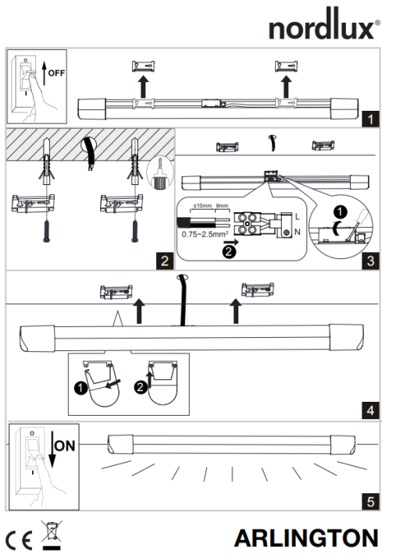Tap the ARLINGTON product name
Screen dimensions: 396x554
point(306,538)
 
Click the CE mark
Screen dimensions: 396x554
point(20,540)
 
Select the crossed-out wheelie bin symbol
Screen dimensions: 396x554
point(52,535)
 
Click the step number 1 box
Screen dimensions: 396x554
point(370,119)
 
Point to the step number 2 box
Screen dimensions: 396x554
point(165,261)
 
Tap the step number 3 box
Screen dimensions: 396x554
point(370,261)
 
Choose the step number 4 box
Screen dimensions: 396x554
point(370,410)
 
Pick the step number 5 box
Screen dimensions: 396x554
point(370,502)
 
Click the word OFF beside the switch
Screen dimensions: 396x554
point(56,73)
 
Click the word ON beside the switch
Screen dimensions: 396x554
point(65,446)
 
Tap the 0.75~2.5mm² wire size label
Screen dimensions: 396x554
point(205,234)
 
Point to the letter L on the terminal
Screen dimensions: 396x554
point(298,217)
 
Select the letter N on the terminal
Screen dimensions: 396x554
point(298,232)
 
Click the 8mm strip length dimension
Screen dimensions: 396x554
point(222,206)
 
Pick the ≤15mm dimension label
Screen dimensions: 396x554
point(202,206)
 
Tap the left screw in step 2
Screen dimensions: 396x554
point(46,231)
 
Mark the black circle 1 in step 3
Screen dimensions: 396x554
point(341,212)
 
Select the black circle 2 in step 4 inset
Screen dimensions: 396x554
point(141,387)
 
